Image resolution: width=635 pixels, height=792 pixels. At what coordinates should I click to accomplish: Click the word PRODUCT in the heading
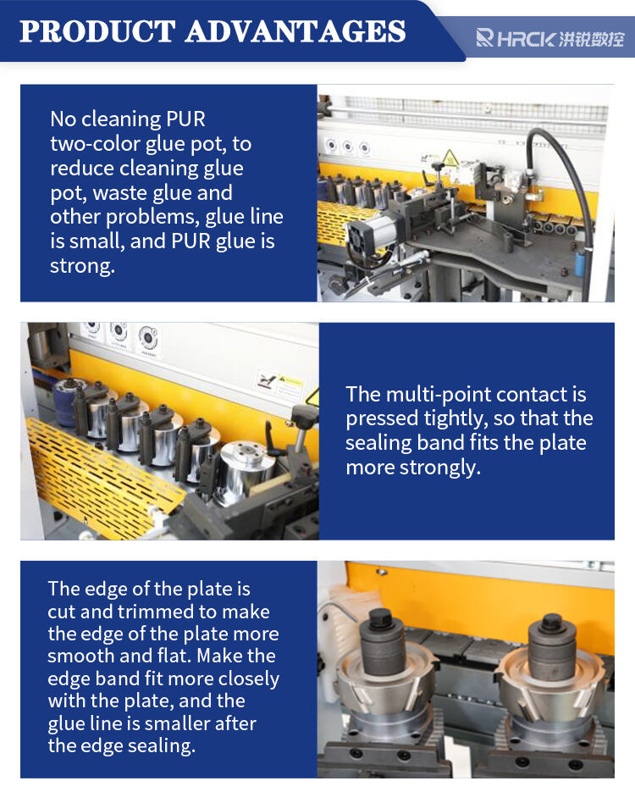pyautogui.click(x=97, y=31)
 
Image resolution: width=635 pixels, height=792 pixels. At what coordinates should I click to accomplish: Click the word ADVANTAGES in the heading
pyautogui.click(x=295, y=31)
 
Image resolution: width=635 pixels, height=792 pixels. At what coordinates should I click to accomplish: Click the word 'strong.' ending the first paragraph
pyautogui.click(x=83, y=266)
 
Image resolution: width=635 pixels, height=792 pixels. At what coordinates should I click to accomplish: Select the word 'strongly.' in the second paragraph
pyautogui.click(x=439, y=468)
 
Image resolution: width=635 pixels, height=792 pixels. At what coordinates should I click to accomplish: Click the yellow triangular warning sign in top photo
pyautogui.click(x=450, y=158)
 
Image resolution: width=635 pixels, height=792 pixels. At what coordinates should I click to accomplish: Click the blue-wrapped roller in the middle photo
pyautogui.click(x=66, y=402)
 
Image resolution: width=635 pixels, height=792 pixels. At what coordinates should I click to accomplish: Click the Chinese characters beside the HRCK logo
pyautogui.click(x=591, y=39)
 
